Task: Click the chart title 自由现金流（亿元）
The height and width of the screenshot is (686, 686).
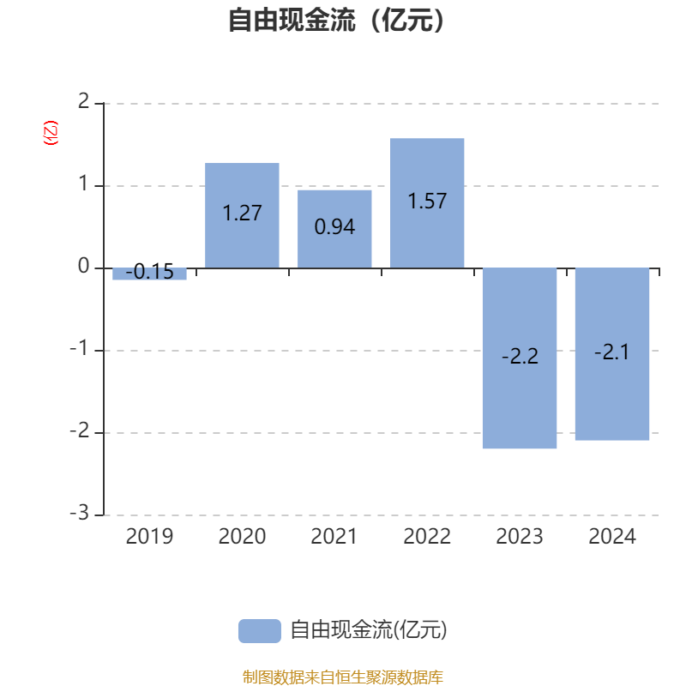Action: point(337,20)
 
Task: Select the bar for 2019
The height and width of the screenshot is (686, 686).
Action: point(149,274)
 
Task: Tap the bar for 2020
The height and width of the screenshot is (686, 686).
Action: point(242,215)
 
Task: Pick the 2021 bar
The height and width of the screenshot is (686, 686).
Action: point(334,229)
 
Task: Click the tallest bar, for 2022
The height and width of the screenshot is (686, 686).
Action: point(427,203)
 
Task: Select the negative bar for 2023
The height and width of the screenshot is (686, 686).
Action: point(520,358)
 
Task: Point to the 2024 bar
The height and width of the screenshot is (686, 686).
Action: point(612,354)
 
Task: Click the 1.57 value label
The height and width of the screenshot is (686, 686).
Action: point(427,202)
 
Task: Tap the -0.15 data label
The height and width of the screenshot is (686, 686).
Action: point(149,272)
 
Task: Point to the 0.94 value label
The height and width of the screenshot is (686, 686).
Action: point(334,226)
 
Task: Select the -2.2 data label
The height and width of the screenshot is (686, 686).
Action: point(520,356)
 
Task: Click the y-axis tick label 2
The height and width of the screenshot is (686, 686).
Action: point(83,101)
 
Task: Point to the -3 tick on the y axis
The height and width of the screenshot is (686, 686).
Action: point(80,513)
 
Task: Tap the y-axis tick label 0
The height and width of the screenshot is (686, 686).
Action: point(83,266)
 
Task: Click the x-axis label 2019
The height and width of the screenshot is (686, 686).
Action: point(149,537)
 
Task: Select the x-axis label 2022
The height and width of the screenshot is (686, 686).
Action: point(427,537)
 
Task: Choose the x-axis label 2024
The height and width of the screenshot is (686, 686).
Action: point(612,537)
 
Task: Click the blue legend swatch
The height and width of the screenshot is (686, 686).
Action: point(260,631)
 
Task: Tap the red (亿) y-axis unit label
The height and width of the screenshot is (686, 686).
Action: point(51,133)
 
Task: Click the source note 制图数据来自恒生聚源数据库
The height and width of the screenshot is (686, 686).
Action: point(343,677)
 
